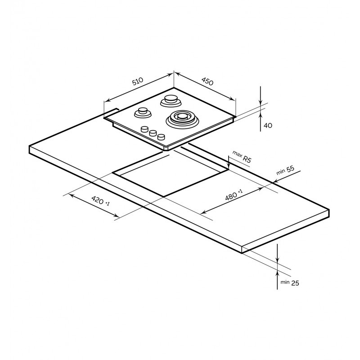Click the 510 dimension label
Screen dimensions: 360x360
[x=138, y=81]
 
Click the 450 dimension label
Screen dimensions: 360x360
[x=207, y=81]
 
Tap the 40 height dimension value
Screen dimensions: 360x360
[x=268, y=126]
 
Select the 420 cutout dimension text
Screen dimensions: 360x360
[x=98, y=200]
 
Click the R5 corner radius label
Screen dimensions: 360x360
[x=247, y=159]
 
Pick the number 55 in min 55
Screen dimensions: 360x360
[x=290, y=169]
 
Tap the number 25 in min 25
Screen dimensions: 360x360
[x=295, y=283]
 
